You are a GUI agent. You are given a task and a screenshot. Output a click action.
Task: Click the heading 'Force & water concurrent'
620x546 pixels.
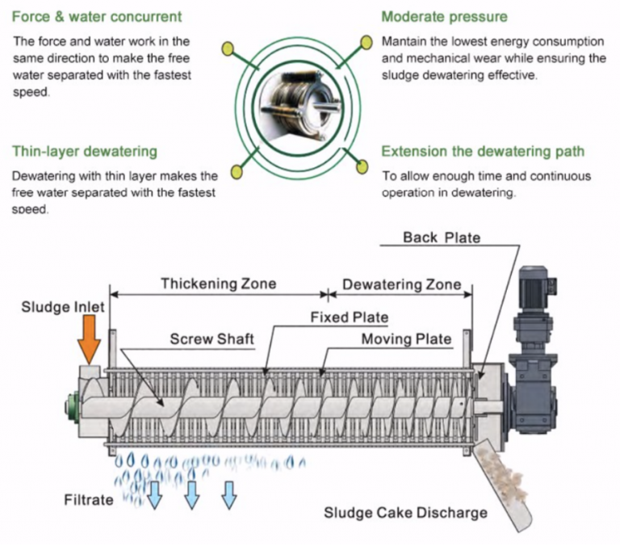tap(97, 16)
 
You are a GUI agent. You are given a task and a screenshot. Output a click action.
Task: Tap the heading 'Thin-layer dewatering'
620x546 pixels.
tap(85, 151)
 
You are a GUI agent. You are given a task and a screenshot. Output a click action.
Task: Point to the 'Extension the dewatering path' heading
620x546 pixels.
tap(483, 151)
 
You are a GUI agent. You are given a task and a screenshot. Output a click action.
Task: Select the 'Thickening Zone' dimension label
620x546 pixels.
tap(218, 283)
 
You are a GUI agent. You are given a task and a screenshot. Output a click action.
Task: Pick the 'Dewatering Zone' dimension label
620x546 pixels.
tap(401, 284)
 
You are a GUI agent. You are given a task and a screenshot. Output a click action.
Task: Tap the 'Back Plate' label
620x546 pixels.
tap(442, 237)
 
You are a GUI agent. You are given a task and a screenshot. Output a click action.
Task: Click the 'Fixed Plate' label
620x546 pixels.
tap(349, 317)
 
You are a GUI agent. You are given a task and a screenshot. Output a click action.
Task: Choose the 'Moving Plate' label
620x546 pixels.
tap(405, 338)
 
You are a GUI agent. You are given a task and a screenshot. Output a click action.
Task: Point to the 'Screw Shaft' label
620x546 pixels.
tap(212, 339)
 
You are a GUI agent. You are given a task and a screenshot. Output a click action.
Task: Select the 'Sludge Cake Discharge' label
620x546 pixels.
tap(405, 512)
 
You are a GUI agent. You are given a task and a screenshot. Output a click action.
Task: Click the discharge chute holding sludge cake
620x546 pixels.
tap(505, 485)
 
